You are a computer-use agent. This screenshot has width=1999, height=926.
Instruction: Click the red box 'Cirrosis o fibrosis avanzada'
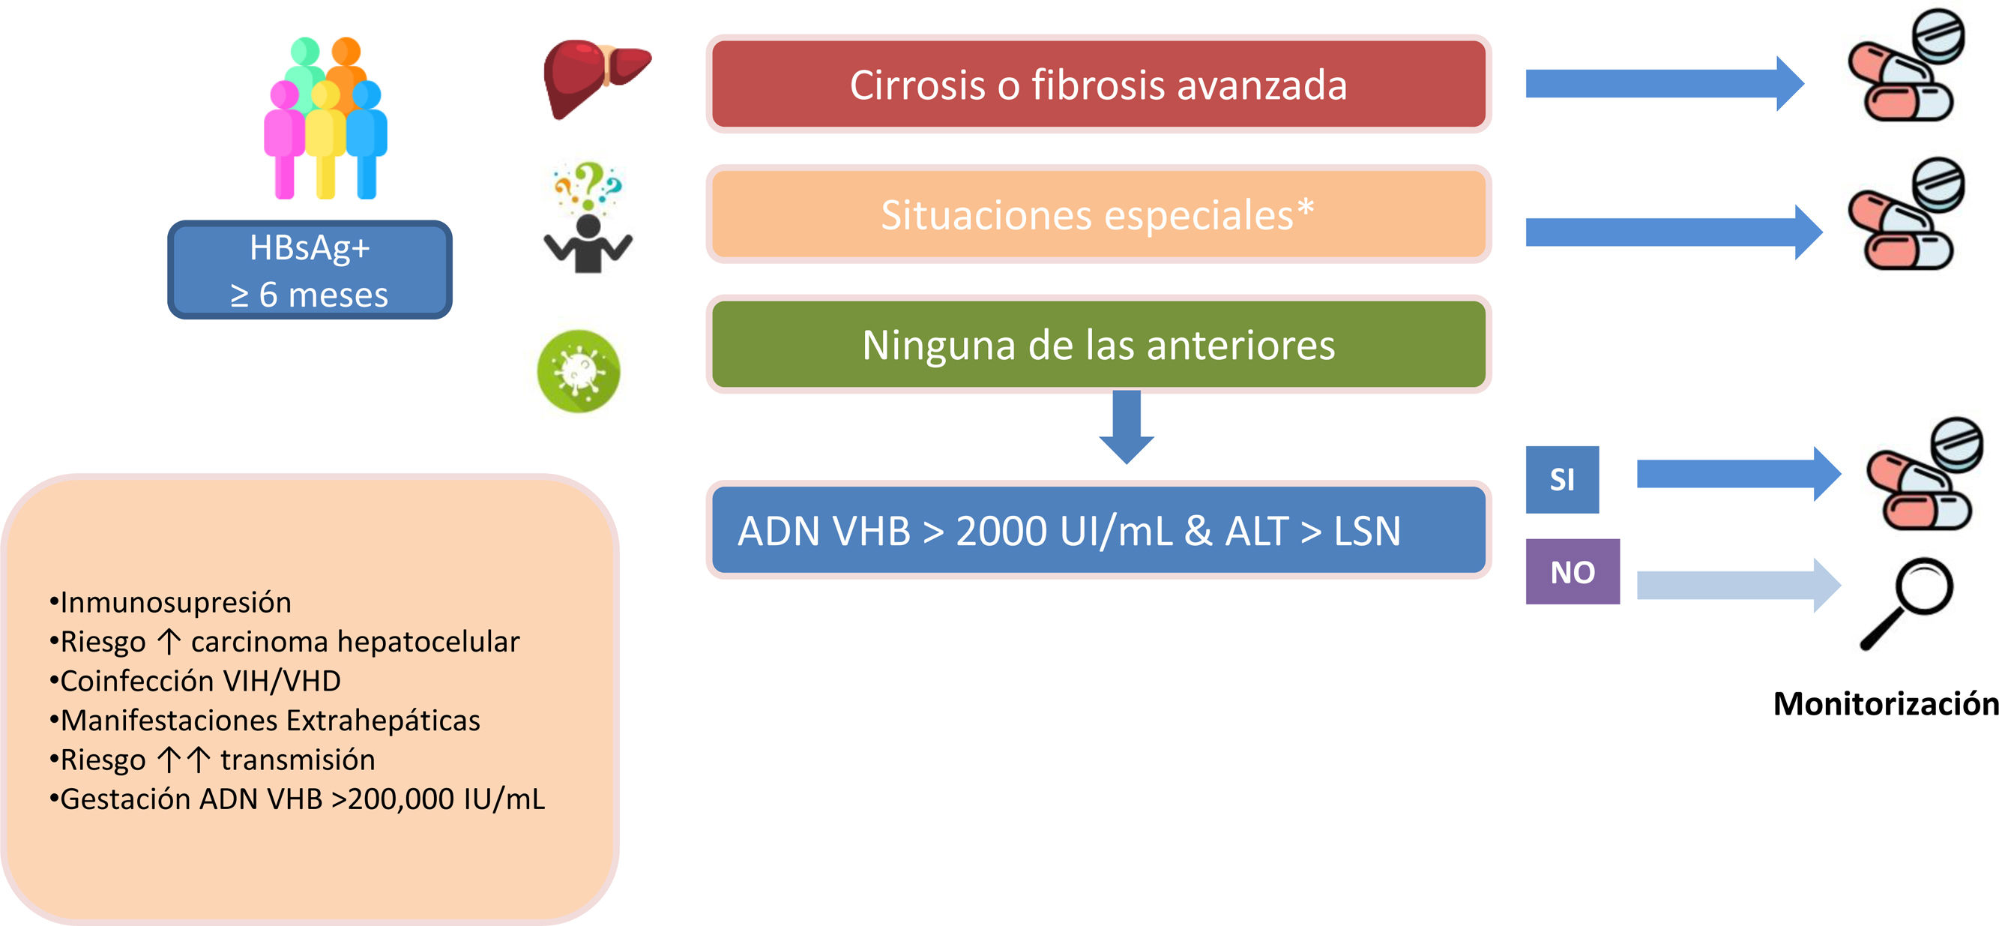(x=1098, y=84)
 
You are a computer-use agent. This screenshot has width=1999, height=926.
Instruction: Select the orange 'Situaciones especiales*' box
(x=1098, y=214)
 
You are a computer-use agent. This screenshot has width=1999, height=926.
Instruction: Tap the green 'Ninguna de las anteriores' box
(x=1098, y=344)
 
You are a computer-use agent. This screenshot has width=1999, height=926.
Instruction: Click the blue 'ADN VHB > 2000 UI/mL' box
(x=1098, y=530)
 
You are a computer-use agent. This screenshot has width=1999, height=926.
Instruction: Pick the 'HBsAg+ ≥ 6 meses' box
(x=310, y=270)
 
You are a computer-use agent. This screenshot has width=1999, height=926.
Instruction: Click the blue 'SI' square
(x=1561, y=479)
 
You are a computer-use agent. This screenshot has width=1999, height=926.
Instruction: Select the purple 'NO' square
(x=1573, y=572)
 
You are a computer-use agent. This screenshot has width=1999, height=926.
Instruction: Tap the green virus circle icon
(x=579, y=371)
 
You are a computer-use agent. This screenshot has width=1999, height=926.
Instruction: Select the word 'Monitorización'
(x=1886, y=704)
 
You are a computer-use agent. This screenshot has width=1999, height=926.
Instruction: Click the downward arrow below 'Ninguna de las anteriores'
(x=1126, y=427)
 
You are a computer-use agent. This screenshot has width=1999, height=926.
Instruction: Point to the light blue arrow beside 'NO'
(x=1737, y=585)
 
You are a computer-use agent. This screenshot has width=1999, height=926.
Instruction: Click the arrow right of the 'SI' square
(x=1737, y=473)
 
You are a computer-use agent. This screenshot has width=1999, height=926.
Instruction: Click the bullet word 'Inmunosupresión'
(x=175, y=602)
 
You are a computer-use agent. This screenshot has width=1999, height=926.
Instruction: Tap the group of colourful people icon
(x=325, y=118)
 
